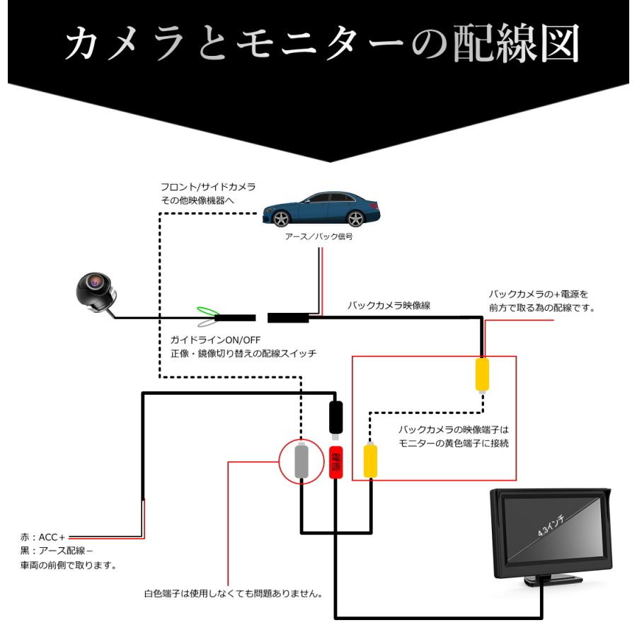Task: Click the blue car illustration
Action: click(x=321, y=209)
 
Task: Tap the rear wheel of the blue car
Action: click(x=355, y=219)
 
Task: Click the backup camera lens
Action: click(x=94, y=282)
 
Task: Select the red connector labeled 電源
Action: click(x=335, y=462)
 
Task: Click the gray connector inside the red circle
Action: click(x=301, y=461)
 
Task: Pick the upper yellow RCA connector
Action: click(x=482, y=374)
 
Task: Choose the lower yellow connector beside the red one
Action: click(x=370, y=461)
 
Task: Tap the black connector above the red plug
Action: click(x=335, y=418)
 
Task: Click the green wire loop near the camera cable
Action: click(x=207, y=311)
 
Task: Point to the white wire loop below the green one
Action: click(x=207, y=323)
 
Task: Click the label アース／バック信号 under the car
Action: click(x=319, y=236)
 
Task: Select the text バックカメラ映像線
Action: click(x=389, y=306)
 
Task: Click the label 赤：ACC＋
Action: click(x=42, y=537)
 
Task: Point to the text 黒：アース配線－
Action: click(x=57, y=551)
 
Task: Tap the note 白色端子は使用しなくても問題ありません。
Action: click(x=234, y=594)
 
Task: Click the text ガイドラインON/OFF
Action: click(x=215, y=340)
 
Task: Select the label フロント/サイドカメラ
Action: click(x=208, y=187)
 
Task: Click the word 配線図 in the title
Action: click(x=516, y=43)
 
